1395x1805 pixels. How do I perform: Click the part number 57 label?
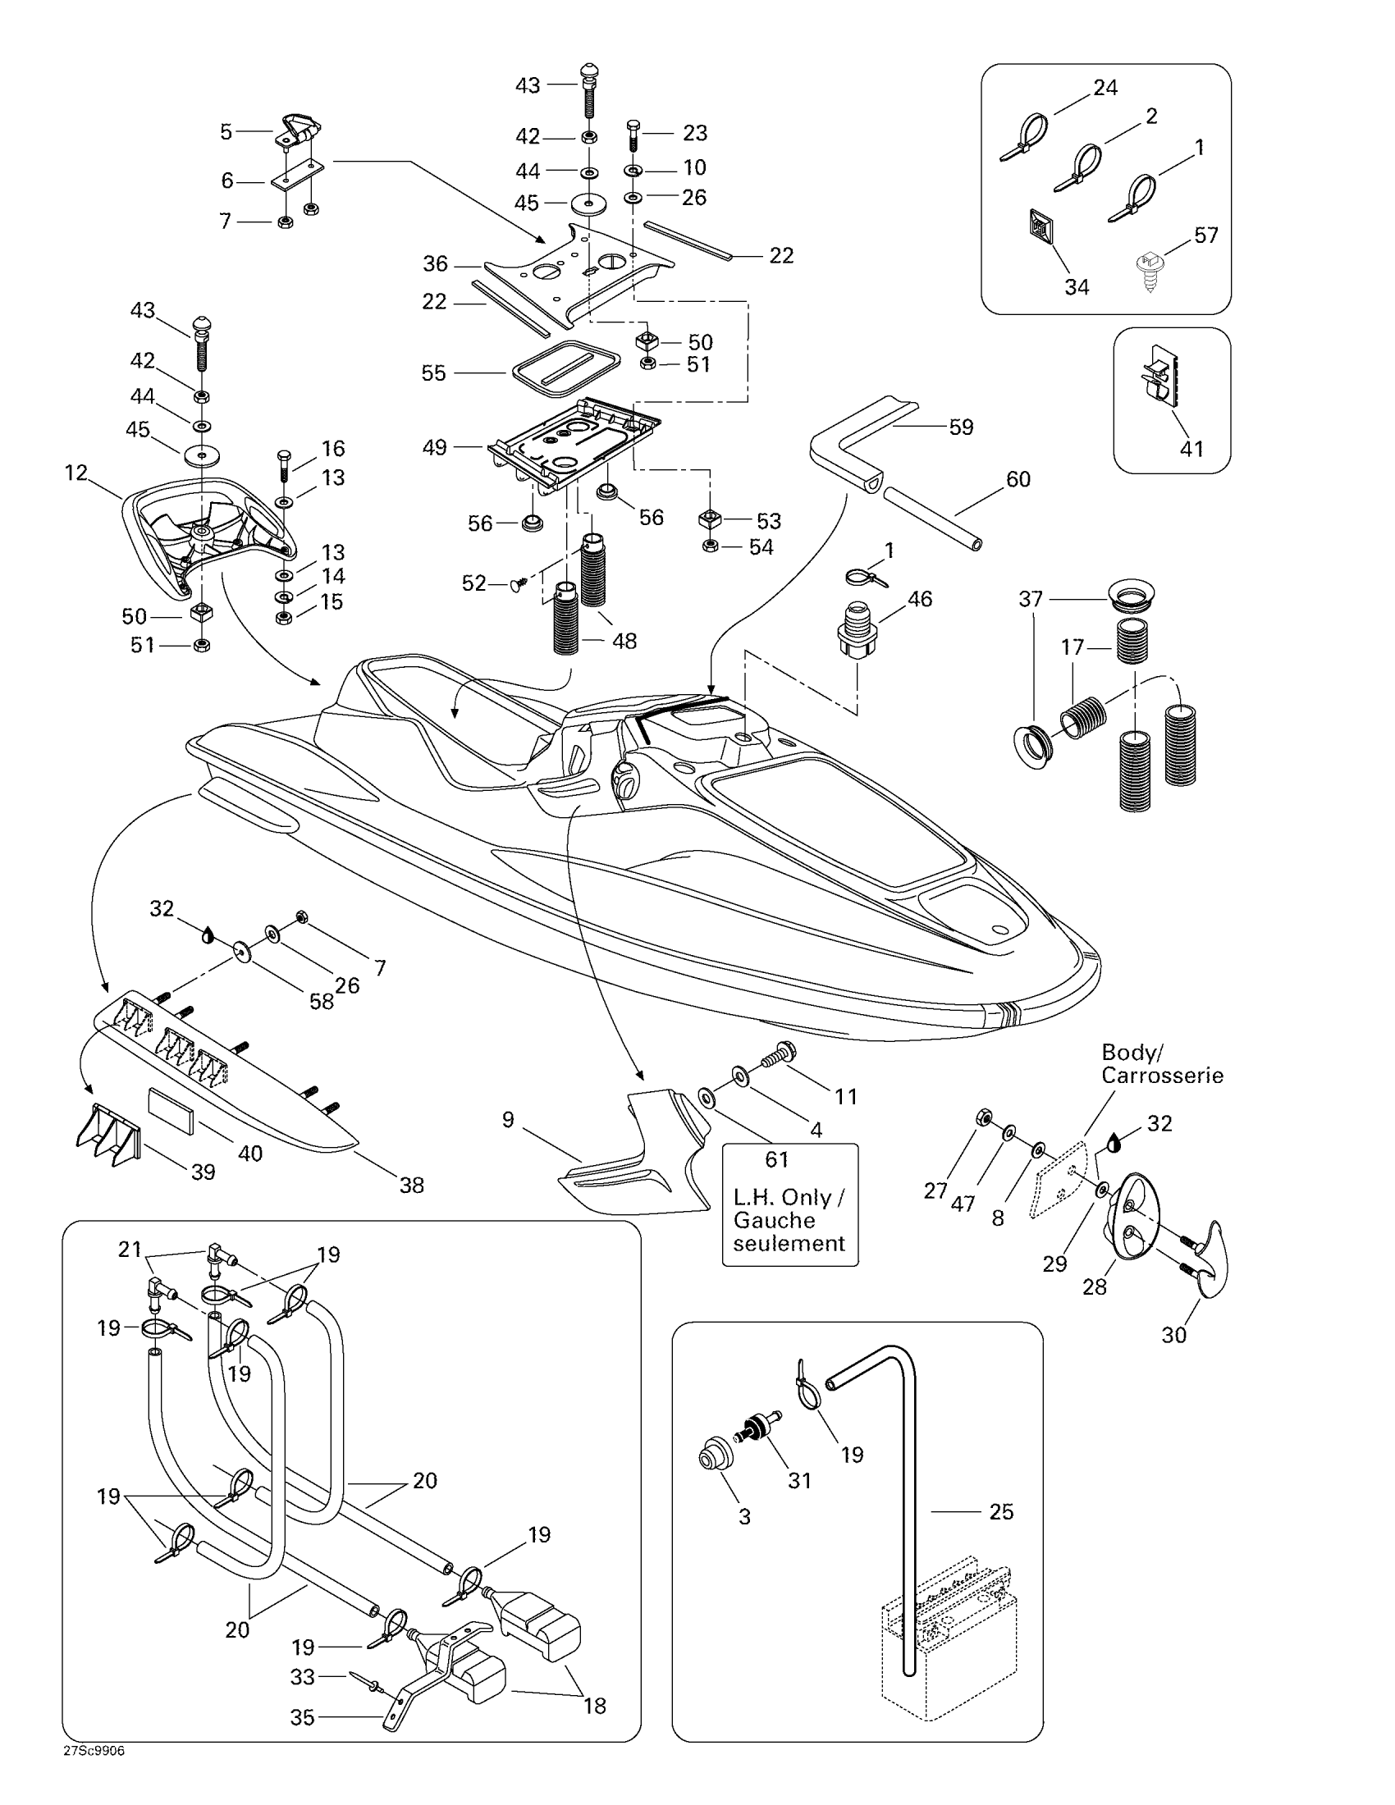pos(1205,235)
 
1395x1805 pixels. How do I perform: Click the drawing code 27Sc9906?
pos(94,1752)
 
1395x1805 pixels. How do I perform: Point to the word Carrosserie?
pos(1162,1076)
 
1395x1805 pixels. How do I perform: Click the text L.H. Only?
pos(789,1198)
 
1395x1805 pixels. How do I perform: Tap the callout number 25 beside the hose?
pos(1001,1511)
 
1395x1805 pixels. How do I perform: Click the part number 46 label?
pos(920,598)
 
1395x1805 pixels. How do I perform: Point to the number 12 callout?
pos(76,473)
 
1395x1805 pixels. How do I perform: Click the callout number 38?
pos(412,1186)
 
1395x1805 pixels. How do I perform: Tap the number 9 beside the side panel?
pos(508,1119)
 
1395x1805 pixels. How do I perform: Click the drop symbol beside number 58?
pos(208,934)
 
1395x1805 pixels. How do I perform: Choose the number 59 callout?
pos(961,427)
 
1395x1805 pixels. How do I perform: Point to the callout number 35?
pos(303,1717)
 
